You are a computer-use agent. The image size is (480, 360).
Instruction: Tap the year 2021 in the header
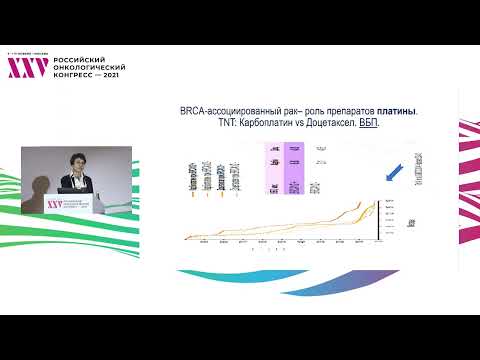pyautogui.click(x=109, y=76)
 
